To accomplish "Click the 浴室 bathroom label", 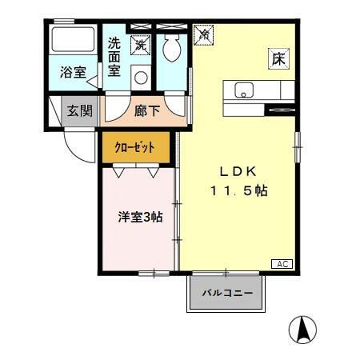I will point(74,72).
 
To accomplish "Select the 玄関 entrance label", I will point(78,110).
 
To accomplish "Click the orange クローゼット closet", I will point(136,146).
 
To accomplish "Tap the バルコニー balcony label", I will point(226,294).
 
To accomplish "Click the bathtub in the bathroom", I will point(72,41).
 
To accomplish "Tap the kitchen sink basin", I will point(243,88).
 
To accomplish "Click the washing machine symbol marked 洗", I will point(141,45).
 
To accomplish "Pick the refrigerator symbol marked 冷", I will point(203,34).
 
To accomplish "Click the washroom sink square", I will point(141,77).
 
